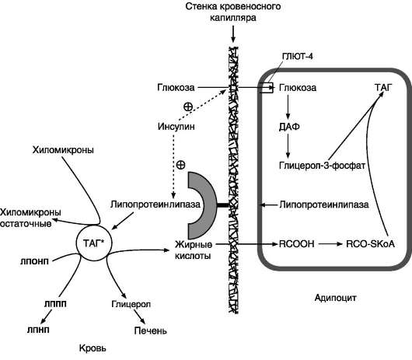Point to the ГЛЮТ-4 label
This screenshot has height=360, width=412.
pos(297,56)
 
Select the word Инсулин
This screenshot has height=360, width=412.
pos(176,127)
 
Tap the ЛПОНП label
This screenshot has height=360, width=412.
pos(34,261)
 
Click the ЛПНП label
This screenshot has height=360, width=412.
pos(38,330)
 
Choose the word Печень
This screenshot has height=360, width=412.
pos(150,330)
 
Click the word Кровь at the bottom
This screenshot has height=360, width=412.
pos(93,348)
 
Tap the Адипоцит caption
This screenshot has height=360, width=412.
pos(335,298)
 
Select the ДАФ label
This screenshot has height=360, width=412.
pos(289,127)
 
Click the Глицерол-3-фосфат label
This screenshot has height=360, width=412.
pos(322,166)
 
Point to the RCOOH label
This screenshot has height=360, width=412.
pos(296,244)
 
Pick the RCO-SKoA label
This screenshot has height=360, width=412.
pos(371,244)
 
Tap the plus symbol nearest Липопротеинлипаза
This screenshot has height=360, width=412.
pos(180,165)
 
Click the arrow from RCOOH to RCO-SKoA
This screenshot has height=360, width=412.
pos(330,244)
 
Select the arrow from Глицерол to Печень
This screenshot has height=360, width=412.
pos(139,316)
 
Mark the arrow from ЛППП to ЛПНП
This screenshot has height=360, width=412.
pos(46,316)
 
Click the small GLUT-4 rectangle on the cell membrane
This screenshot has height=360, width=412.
pos(266,88)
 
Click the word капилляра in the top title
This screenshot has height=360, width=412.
pos(233,18)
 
